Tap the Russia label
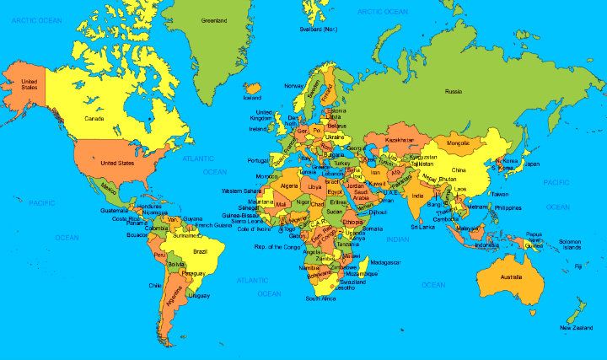click(x=454, y=90)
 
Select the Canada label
click(x=94, y=120)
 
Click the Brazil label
click(x=201, y=251)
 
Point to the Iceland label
click(x=252, y=97)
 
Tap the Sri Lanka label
click(x=422, y=227)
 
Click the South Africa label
click(x=321, y=298)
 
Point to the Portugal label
click(x=257, y=160)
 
